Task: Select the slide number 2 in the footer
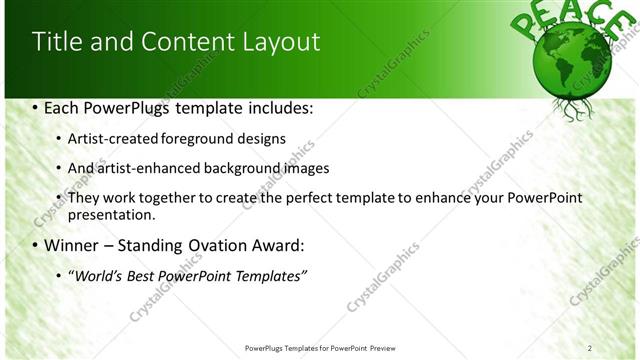point(589,348)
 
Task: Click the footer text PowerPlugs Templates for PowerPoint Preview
point(320,348)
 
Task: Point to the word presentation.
point(111,214)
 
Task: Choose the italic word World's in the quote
point(97,275)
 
